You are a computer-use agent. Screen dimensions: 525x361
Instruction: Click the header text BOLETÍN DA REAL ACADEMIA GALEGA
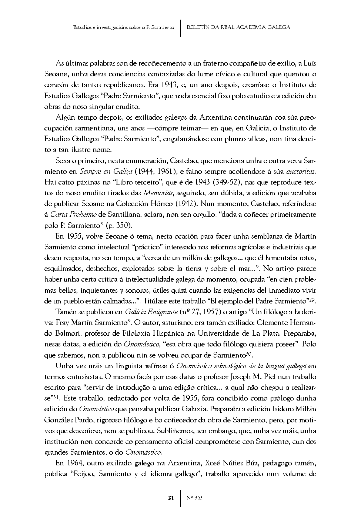[x=238, y=27]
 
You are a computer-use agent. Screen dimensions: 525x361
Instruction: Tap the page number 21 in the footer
[x=171, y=498]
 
